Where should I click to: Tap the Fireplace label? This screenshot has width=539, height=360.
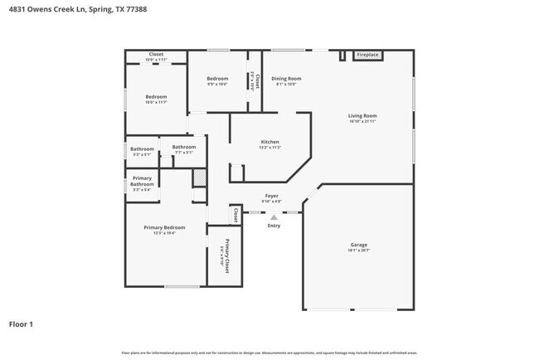click(367, 55)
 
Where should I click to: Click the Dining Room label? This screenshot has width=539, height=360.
click(286, 79)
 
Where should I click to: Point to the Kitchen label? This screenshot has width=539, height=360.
click(270, 142)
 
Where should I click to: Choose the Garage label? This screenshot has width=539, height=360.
click(358, 245)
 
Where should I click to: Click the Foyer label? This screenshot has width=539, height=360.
click(271, 196)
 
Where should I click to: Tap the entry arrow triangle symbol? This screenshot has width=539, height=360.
click(274, 217)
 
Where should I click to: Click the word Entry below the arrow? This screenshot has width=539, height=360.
click(274, 226)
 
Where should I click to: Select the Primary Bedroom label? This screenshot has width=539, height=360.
click(164, 227)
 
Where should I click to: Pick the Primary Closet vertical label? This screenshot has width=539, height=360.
click(224, 253)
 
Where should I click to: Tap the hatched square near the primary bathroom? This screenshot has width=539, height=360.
click(199, 178)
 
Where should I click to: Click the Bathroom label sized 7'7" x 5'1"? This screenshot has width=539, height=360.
click(183, 147)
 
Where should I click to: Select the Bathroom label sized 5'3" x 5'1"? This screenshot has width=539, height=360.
click(142, 149)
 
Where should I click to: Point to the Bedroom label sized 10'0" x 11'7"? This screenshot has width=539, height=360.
click(156, 97)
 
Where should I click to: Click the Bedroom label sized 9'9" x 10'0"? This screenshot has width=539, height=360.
click(218, 79)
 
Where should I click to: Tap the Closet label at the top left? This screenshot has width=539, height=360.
click(156, 55)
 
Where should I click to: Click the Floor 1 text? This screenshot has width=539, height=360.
click(21, 324)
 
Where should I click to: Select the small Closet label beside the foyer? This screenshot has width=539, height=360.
click(236, 215)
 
